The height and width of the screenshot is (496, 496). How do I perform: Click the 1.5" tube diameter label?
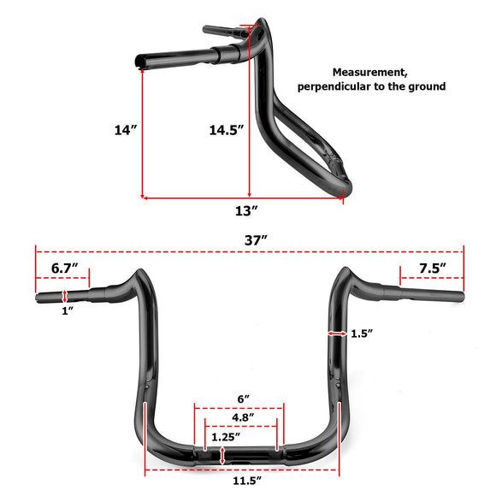coord(362,334)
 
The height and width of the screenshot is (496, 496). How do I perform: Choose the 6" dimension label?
coord(245,399)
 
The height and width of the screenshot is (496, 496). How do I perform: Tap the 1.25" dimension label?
coord(226,437)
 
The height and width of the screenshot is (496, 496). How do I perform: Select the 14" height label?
coord(125,130)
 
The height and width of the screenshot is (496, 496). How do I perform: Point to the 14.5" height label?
coord(226,130)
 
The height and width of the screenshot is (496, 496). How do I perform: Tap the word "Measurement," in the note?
coord(370,73)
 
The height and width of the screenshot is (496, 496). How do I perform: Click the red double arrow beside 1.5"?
coord(334,333)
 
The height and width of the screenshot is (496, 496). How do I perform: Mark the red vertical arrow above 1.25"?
coord(223,456)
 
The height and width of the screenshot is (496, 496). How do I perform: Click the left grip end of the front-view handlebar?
coord(38,298)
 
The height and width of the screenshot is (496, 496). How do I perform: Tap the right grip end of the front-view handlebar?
coord(461,297)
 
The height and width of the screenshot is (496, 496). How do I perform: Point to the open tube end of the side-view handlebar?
coord(140,62)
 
